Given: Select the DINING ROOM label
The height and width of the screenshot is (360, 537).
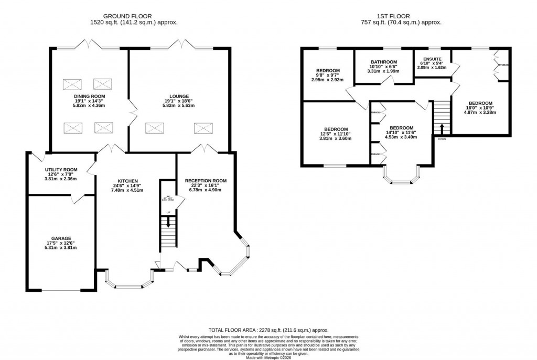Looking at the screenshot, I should click(x=89, y=96).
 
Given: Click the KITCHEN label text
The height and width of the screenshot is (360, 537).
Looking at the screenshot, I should click(x=127, y=181).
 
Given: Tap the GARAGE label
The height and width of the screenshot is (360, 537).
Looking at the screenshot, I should click(x=61, y=238).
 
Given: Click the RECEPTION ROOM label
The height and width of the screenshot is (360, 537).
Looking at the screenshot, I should click(x=206, y=181).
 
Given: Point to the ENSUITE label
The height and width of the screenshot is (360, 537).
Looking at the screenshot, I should click(x=433, y=59).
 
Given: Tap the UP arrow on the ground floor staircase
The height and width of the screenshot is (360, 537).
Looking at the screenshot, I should click(x=168, y=222).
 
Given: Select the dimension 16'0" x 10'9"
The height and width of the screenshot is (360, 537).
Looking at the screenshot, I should click(x=480, y=108).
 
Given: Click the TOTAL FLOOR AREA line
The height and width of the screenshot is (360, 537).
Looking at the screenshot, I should click(x=268, y=330).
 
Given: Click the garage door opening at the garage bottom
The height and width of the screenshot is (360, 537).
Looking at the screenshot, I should click(x=61, y=290).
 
